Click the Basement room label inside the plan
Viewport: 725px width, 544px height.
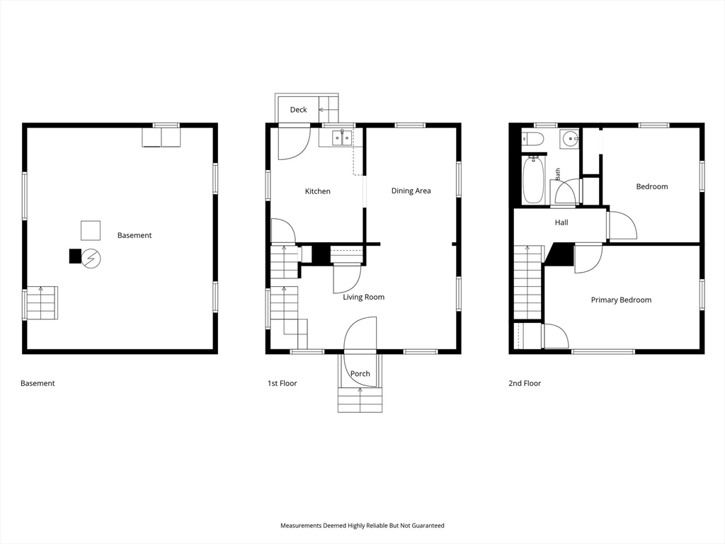[x=135, y=235]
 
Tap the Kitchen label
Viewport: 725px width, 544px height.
[x=318, y=191]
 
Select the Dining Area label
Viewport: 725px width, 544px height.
[x=411, y=191]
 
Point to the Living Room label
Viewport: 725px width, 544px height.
[x=363, y=297]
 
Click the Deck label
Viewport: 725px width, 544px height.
[x=298, y=110]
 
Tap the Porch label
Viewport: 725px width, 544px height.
[x=360, y=373]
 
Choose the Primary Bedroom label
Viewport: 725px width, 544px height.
[x=621, y=300]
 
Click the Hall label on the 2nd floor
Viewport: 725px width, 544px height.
[x=561, y=222]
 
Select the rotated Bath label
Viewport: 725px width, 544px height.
[x=558, y=174]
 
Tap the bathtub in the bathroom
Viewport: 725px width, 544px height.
[x=534, y=179]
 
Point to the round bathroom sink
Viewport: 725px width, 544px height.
[x=570, y=139]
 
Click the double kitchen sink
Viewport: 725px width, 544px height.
[x=342, y=137]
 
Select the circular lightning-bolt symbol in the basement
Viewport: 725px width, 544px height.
[x=91, y=259]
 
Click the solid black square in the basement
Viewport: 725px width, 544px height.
[x=75, y=256]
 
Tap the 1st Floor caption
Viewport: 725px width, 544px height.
[x=282, y=383]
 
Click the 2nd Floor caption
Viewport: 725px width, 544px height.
[x=525, y=383]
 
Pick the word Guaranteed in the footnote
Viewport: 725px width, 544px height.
[x=428, y=526]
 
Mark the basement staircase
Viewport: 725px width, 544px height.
[x=41, y=302]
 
